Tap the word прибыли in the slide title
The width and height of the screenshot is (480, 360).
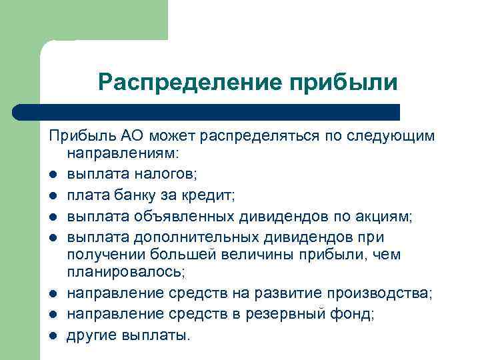pos(342,83)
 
